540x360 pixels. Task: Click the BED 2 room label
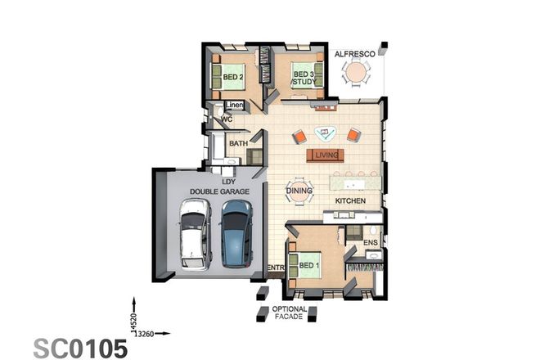click(233, 79)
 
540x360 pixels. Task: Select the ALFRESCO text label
click(355, 54)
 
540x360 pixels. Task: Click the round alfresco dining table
click(356, 74)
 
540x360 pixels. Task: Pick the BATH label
click(238, 144)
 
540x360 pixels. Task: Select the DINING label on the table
click(298, 191)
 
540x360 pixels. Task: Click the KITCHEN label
click(350, 200)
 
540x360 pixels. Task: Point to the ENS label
click(371, 242)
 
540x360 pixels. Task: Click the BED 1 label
click(308, 267)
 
